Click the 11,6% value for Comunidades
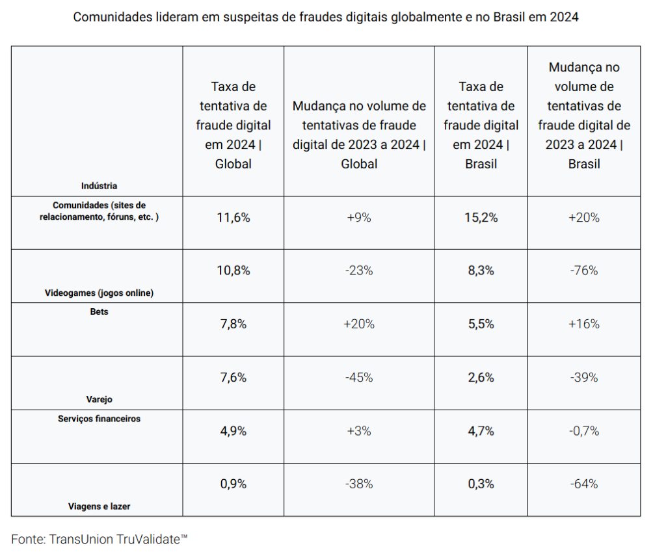click(x=233, y=218)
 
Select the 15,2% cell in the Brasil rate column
click(x=481, y=218)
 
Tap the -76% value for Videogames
click(x=583, y=270)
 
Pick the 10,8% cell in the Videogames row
click(x=233, y=270)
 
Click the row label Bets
click(x=100, y=312)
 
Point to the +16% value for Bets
click(x=583, y=324)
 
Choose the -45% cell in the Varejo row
click(x=359, y=377)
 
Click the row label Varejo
click(x=100, y=399)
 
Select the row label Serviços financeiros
click(x=100, y=419)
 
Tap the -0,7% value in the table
click(x=583, y=430)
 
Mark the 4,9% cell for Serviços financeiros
click(x=233, y=430)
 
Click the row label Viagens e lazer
click(x=100, y=506)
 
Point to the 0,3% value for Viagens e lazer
click(x=481, y=484)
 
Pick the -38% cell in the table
click(x=359, y=484)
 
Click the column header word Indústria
click(x=100, y=186)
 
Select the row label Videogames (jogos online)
click(x=100, y=293)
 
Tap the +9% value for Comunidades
click(x=359, y=218)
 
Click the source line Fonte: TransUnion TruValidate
click(x=100, y=539)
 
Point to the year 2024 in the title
click(x=563, y=18)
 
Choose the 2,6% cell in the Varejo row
click(x=481, y=377)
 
